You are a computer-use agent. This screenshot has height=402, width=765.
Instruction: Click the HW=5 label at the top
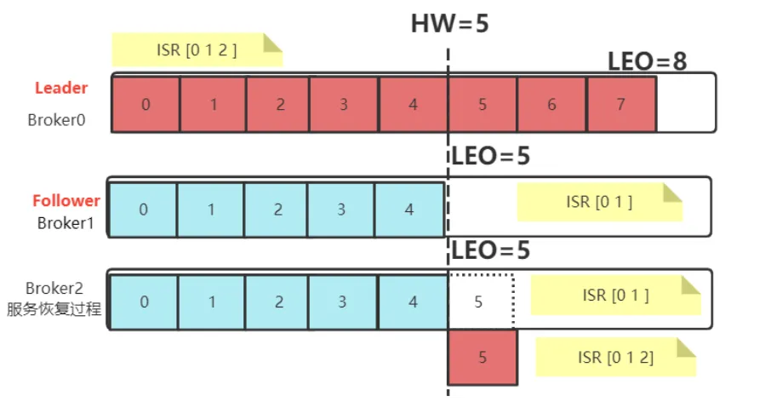[449, 24]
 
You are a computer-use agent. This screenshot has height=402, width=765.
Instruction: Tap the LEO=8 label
[647, 61]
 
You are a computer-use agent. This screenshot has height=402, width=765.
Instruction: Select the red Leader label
[61, 88]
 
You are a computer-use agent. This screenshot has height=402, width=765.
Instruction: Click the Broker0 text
[57, 120]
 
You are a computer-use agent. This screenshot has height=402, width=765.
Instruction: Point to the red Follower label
[66, 200]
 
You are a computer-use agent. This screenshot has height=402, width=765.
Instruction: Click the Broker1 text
[66, 223]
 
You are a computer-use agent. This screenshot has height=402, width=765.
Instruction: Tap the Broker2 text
[54, 288]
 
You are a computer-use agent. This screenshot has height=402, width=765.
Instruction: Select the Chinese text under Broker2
[54, 308]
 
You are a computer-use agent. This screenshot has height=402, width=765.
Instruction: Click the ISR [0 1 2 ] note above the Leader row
[197, 49]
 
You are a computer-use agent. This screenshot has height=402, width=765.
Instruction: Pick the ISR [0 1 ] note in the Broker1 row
[600, 202]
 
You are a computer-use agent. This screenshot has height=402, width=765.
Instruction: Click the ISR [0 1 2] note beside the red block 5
[616, 357]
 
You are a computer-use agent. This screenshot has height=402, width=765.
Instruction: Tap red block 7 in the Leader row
[621, 104]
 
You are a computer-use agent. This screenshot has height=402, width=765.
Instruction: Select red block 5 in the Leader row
[482, 104]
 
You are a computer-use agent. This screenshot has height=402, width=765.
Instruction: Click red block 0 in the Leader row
[146, 104]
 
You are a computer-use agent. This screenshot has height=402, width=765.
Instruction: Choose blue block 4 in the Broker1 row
[409, 210]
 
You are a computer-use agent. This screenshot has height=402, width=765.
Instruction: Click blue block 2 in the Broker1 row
[277, 210]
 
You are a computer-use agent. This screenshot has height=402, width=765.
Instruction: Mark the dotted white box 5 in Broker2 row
[481, 301]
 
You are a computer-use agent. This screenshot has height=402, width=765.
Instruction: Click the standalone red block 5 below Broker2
[482, 357]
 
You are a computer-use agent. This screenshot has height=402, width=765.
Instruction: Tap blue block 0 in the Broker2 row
[145, 301]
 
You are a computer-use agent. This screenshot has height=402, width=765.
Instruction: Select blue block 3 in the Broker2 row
[342, 301]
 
